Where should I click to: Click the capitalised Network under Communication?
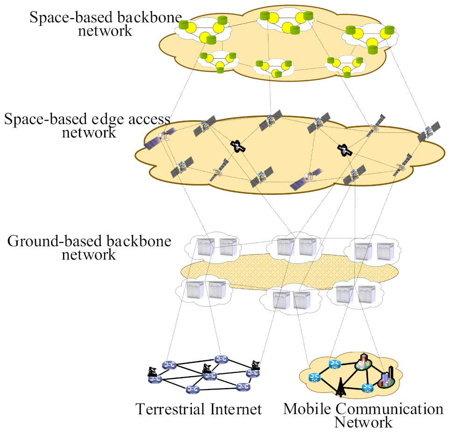coord(364,422)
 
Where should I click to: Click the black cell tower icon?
coord(340,385)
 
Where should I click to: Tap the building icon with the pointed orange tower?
coord(363,363)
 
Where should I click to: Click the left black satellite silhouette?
coord(239,146)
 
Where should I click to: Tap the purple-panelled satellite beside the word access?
coord(156,139)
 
